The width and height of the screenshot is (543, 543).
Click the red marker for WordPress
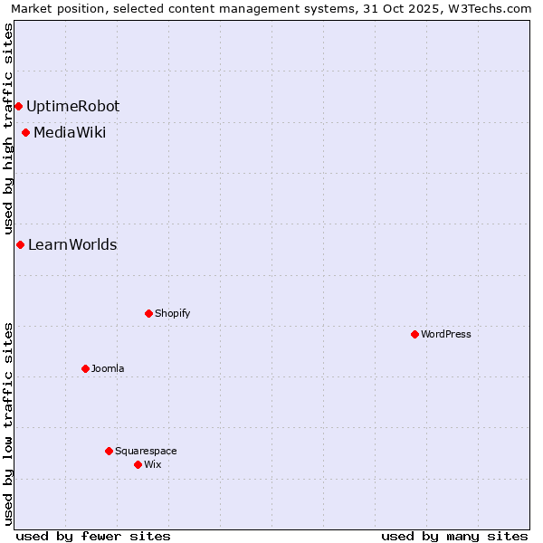414,334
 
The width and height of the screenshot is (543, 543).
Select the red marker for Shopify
148,313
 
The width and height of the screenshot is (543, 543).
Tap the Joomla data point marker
85,368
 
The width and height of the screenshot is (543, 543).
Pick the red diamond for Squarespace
109,451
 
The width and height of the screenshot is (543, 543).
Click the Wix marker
138,464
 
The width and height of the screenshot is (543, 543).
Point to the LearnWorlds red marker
20,244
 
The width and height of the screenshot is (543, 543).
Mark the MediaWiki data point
25,133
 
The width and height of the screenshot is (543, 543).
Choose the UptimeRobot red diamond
18,106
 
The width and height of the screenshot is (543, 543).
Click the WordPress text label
446,334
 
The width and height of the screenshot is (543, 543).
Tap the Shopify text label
172,313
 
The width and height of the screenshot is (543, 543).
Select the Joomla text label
108,368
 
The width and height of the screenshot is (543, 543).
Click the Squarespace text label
146,451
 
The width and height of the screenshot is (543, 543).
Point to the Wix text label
153,464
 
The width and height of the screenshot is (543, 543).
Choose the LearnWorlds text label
72,244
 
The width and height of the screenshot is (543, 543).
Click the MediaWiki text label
70,133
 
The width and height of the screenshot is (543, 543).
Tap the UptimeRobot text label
72,106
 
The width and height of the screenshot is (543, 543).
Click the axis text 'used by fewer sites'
93,536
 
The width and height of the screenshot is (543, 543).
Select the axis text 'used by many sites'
454,536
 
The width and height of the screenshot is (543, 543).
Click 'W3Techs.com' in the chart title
489,8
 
